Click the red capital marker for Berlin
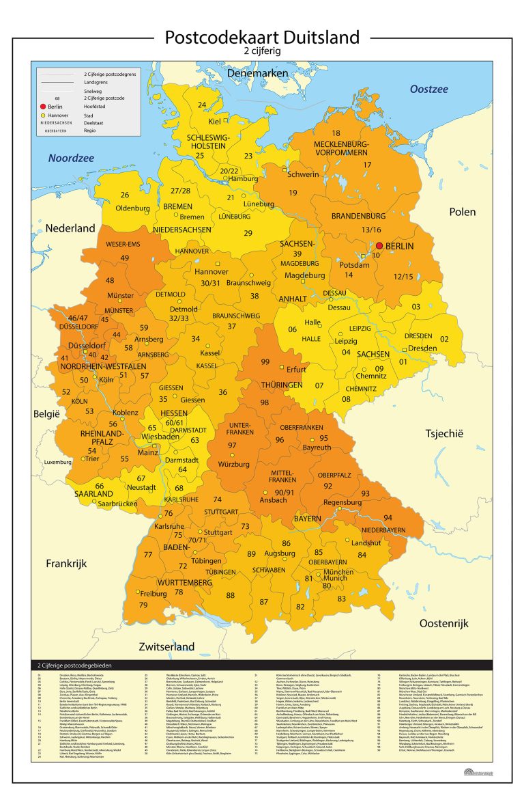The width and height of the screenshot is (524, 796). tap(380, 246)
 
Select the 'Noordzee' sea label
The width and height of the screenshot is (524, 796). tap(72, 159)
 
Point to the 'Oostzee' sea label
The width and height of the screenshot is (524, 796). tap(428, 90)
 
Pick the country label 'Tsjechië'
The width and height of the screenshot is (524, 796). tap(444, 433)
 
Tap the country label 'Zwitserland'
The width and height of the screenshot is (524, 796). tap(166, 646)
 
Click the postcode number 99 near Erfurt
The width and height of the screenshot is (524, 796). tap(266, 361)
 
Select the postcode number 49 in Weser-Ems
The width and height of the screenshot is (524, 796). tap(124, 258)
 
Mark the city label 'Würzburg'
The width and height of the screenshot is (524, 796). tap(233, 464)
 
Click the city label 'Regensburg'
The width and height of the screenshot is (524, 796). tap(342, 502)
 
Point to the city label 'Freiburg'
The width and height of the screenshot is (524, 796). tap(154, 594)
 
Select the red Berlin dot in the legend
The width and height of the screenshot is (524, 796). tap(43, 107)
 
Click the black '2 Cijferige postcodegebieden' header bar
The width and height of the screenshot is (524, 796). tap(262, 665)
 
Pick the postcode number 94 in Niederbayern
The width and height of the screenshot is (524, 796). tap(388, 517)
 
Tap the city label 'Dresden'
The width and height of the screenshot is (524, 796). tap(422, 348)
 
